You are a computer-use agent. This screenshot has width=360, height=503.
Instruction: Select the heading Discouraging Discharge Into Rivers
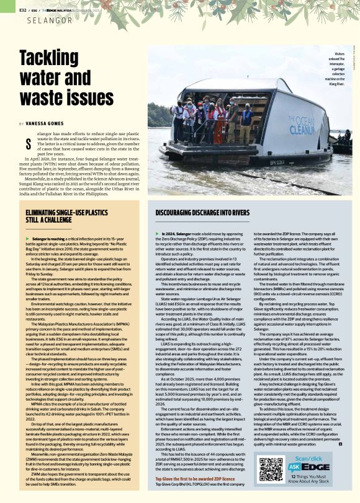tap(201, 213)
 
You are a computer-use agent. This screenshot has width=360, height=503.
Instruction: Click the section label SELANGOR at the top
tap(50, 21)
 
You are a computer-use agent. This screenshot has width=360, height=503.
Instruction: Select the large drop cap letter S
tap(27, 145)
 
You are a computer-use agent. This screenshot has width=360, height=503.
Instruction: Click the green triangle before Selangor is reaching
tap(27, 238)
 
